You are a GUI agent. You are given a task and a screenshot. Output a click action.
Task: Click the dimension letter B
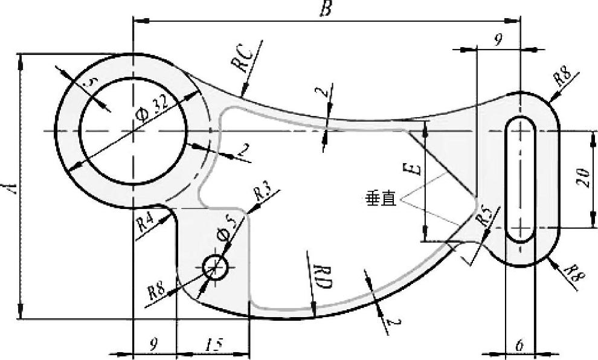326,9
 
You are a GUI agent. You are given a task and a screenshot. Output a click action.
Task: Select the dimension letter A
10,186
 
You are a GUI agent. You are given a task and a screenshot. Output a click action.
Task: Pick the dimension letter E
414,167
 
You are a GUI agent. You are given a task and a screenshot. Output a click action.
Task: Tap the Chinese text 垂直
381,199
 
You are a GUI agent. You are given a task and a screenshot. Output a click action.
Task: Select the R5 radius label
484,216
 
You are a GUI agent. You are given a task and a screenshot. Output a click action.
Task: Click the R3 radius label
262,194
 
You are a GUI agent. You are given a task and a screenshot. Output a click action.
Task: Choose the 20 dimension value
583,179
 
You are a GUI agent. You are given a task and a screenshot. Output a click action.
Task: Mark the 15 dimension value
213,345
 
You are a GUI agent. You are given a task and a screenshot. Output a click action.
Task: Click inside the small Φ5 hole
215,266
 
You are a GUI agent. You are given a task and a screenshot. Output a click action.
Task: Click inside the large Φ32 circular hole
133,130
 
